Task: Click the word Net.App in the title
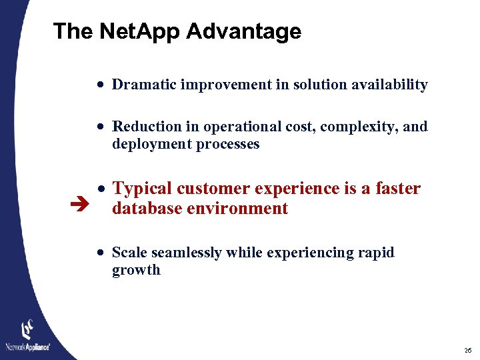(x=143, y=31)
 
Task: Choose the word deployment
(x=146, y=144)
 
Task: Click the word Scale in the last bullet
(x=129, y=253)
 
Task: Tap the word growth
(x=136, y=270)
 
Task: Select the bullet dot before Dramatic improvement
(x=99, y=85)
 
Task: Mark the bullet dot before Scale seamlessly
(x=99, y=253)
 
